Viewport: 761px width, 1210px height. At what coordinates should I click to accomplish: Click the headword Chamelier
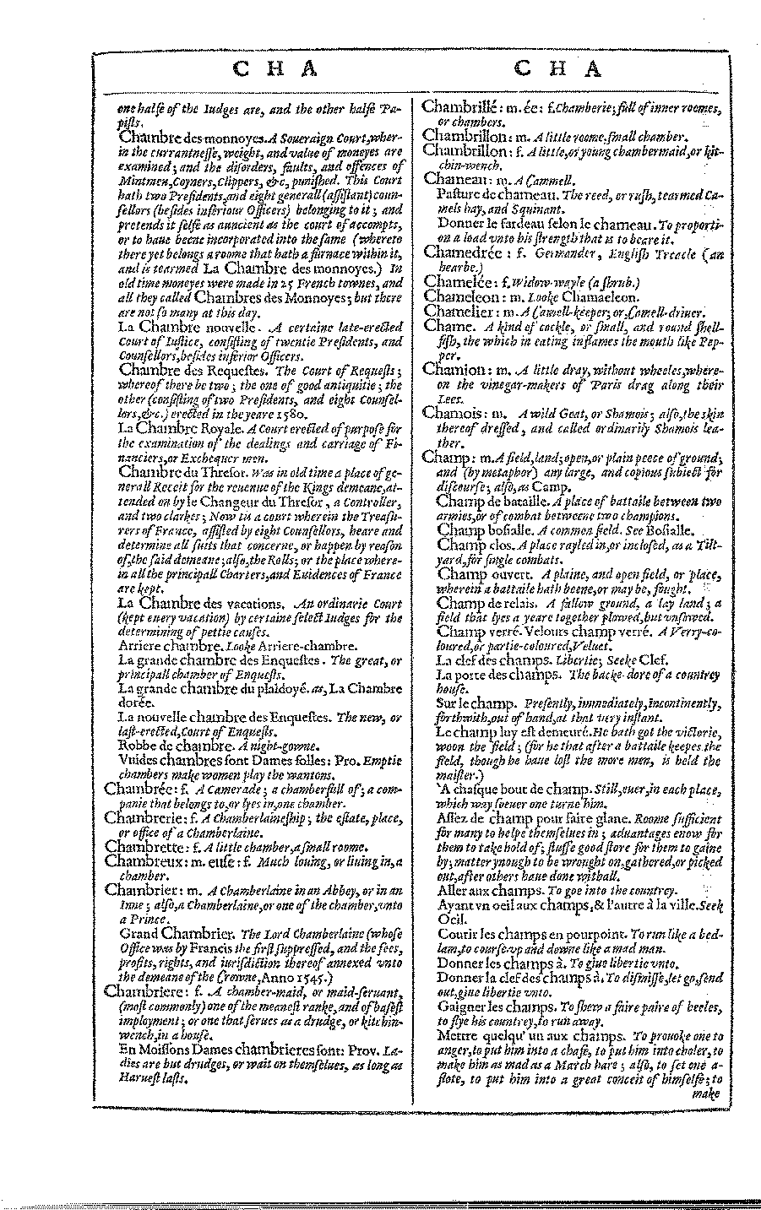tap(459, 312)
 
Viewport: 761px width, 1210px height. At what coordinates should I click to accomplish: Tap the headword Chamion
tap(454, 369)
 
